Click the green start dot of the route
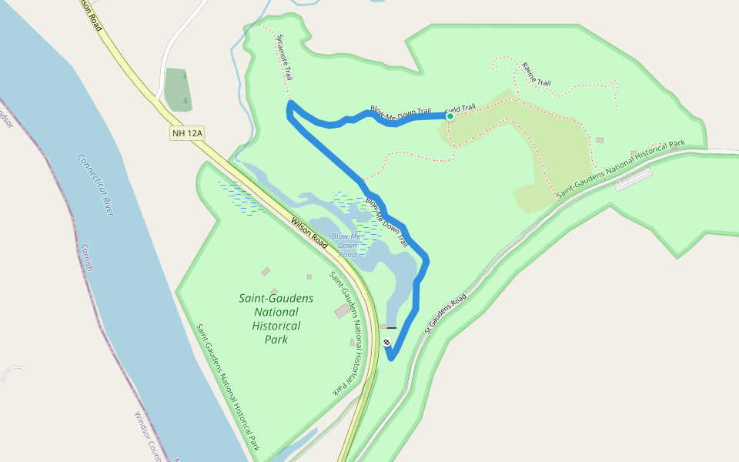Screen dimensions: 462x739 [450, 116]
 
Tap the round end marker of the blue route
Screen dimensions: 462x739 [387, 343]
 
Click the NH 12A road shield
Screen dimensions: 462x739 [187, 133]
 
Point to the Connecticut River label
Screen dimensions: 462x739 [96, 185]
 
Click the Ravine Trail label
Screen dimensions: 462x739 [537, 74]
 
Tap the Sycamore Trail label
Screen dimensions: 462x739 [285, 57]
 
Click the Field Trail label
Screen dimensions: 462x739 [462, 109]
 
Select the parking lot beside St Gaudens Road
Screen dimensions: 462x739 [633, 179]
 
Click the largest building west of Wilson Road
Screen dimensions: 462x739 [342, 310]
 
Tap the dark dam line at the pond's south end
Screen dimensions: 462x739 [392, 328]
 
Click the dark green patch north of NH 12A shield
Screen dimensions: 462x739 [177, 89]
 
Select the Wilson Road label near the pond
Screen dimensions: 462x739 [309, 232]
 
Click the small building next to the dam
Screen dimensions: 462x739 [383, 327]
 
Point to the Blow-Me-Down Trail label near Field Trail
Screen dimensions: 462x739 [400, 112]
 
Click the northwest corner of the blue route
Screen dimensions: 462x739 [289, 104]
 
